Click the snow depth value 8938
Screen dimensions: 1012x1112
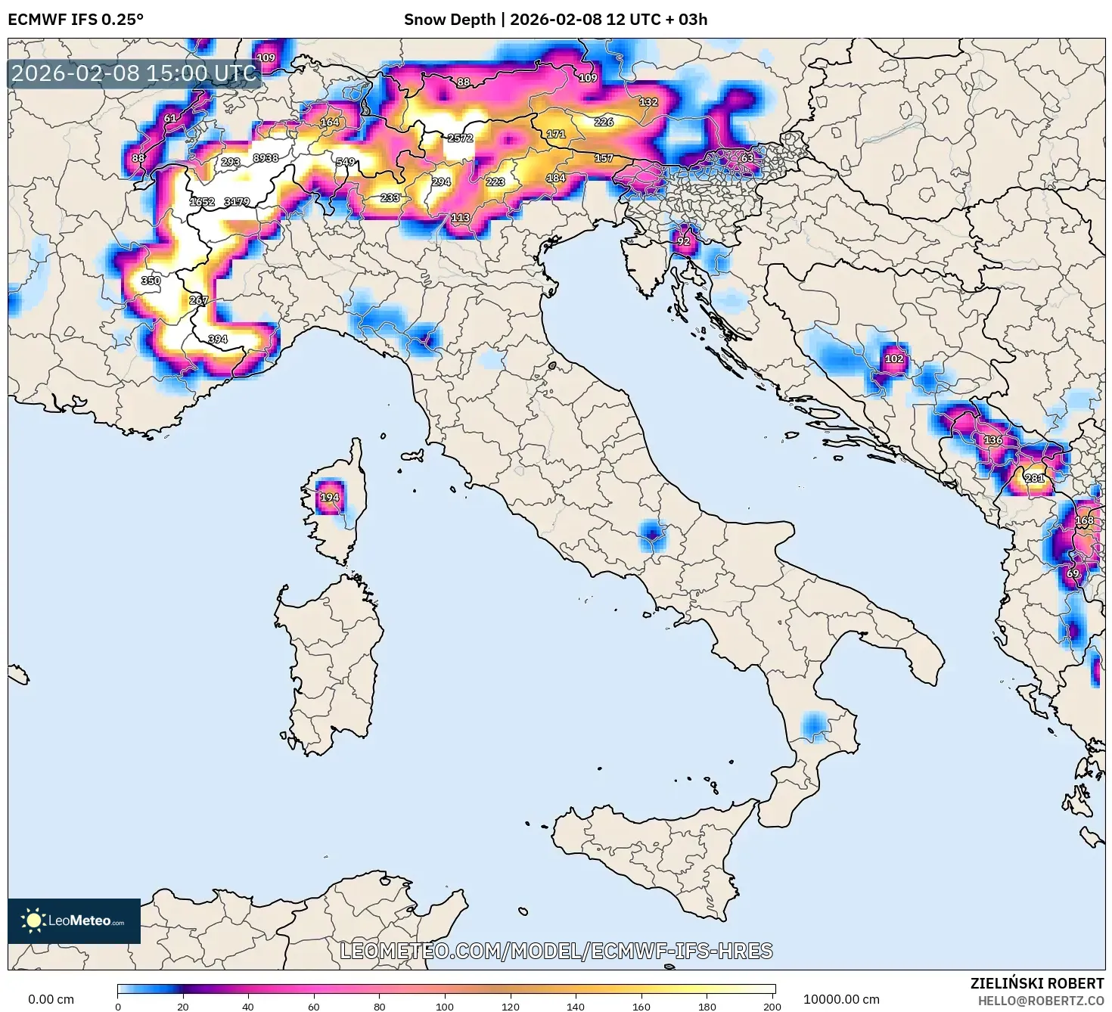[266, 158]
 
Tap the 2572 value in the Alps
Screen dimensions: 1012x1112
[460, 138]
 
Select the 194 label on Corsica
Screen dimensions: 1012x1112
[329, 497]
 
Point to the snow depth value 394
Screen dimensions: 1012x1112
[217, 339]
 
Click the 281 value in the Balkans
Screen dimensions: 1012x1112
[1034, 478]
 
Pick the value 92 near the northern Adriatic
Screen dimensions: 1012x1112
[683, 241]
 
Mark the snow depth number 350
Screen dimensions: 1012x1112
[151, 281]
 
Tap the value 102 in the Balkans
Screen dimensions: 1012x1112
[893, 359]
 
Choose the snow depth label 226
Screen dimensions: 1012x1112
[604, 122]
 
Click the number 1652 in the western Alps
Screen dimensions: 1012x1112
[202, 202]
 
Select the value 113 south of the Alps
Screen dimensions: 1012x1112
[460, 218]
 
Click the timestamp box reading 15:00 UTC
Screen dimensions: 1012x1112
[134, 73]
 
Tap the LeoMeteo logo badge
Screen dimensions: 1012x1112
[74, 920]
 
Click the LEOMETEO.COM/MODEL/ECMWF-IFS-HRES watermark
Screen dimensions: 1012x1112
[556, 951]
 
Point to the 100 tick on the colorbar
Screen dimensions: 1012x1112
[445, 1006]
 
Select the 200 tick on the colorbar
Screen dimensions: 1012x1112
[772, 1006]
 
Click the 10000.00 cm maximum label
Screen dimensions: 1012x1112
[841, 999]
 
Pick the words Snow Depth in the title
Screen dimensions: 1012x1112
[449, 20]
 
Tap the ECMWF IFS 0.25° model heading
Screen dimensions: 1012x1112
[76, 20]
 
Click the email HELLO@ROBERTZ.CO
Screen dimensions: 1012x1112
[1041, 1000]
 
